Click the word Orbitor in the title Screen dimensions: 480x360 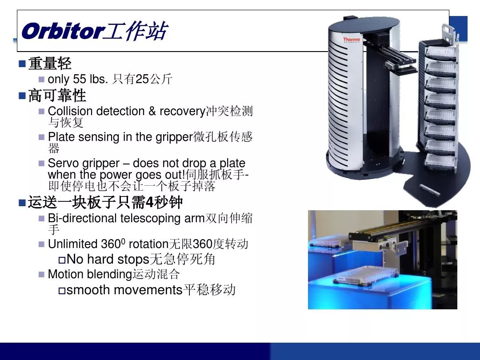point(63,31)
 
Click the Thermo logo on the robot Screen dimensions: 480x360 point(352,40)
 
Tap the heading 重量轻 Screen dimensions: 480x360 point(50,64)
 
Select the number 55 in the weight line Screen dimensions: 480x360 point(80,79)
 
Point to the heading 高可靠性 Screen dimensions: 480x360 point(57,95)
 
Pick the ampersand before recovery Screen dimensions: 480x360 point(152,111)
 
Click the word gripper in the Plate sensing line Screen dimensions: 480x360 point(174,138)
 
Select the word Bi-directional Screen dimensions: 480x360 point(82,218)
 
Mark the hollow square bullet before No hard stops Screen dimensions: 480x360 point(62,260)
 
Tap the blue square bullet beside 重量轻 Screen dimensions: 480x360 point(22,64)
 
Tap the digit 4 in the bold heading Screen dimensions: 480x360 point(149,202)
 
